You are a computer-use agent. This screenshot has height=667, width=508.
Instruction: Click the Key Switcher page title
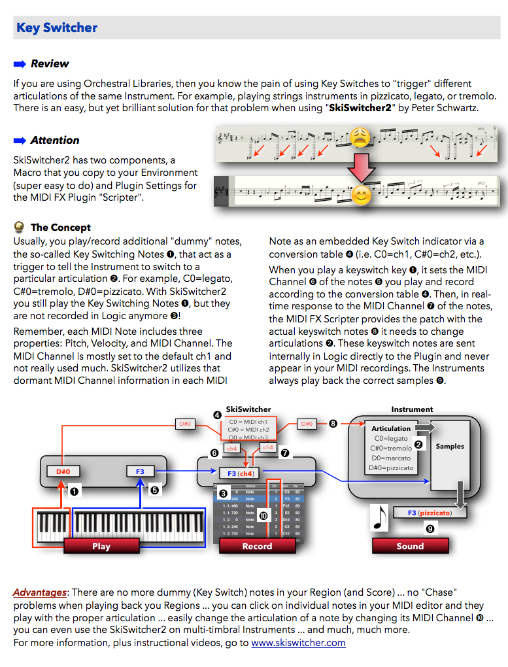click(x=57, y=27)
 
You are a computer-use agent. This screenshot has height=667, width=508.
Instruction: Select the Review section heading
click(x=50, y=63)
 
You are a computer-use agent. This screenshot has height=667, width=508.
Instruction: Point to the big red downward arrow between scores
click(x=360, y=167)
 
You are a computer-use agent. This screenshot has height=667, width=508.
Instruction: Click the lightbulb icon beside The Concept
click(x=20, y=228)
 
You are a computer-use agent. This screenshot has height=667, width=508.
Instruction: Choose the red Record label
click(x=257, y=546)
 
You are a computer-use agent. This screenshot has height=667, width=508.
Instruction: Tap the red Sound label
click(x=410, y=546)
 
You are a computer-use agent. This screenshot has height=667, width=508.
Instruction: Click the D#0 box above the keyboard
click(x=63, y=471)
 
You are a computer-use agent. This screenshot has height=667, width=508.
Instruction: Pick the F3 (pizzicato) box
click(x=430, y=513)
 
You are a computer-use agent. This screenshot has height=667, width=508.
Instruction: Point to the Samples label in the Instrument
click(x=450, y=446)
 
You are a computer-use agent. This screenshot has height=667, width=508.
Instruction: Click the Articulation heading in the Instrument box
click(x=391, y=429)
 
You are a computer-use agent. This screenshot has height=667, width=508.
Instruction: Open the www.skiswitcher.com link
click(x=298, y=643)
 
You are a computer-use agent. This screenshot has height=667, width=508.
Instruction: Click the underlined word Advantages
click(x=40, y=592)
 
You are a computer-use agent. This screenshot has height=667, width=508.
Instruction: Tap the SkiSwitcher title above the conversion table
click(x=248, y=409)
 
